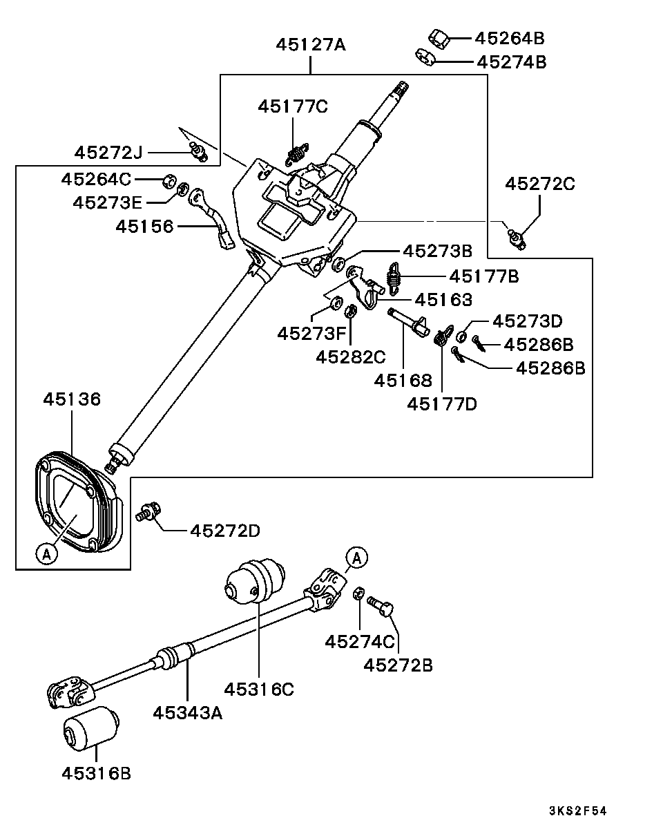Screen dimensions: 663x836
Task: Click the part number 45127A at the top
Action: point(311,45)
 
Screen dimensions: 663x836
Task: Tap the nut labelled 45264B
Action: point(439,39)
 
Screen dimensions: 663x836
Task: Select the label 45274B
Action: point(512,62)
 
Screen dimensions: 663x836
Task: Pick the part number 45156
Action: point(144,227)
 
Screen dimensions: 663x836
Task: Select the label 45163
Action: point(443,300)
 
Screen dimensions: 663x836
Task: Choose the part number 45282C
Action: point(350,357)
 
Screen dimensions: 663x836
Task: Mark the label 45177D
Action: point(442,404)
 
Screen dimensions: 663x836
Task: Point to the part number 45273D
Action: point(528,321)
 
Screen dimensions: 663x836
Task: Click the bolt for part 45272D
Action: point(148,512)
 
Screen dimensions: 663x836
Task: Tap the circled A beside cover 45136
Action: point(46,554)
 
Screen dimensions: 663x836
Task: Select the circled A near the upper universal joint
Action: point(357,558)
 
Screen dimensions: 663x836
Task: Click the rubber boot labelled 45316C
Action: point(255,581)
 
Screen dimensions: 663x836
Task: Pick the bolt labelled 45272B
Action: point(381,606)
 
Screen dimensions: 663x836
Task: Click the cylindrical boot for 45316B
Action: point(91,728)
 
